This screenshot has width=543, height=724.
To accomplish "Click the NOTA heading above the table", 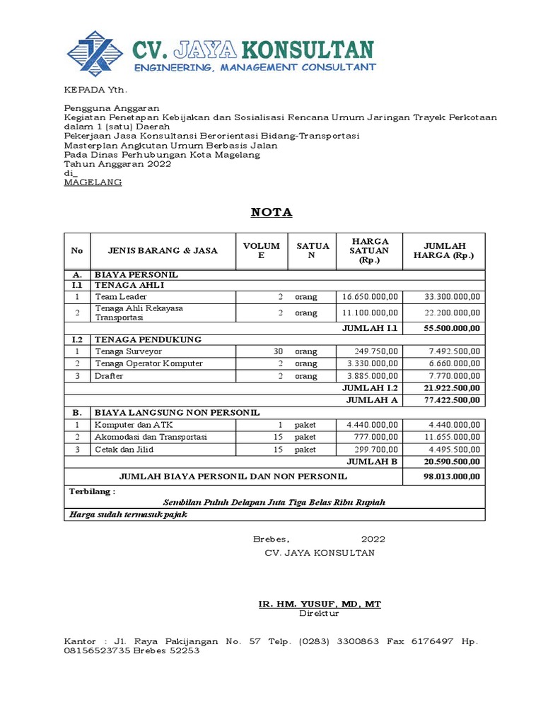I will tap(272, 213).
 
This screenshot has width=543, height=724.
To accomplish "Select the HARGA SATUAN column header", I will tap(369, 250).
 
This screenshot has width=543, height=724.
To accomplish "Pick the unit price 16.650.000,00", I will tap(370, 296).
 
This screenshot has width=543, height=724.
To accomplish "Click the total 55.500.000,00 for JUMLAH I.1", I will tap(452, 328).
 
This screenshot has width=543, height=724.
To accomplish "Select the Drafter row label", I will tap(109, 376).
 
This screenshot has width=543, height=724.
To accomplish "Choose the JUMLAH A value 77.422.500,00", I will tap(452, 400).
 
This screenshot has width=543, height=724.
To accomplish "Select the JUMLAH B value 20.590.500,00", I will tap(452, 462).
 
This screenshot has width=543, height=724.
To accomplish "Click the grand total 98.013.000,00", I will tap(452, 477).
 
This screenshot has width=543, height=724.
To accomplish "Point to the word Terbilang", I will tap(91, 491).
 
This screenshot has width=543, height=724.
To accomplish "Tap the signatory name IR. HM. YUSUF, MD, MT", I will tap(320, 604).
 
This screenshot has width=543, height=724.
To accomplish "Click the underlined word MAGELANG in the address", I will tap(93, 182).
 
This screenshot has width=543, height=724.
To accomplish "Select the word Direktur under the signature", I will tap(319, 614).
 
